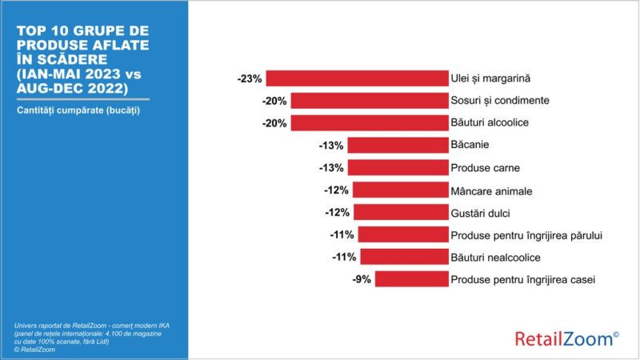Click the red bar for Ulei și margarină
[x=357, y=78]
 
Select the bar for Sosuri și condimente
[x=369, y=101]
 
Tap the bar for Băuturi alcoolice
[x=369, y=123]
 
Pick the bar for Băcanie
[x=398, y=146]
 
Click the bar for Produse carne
[x=398, y=168]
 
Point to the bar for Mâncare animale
[x=400, y=190]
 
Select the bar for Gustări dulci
[x=400, y=212]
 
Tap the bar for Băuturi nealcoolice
[x=403, y=257]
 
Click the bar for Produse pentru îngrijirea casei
[x=410, y=279]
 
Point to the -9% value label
[x=361, y=279]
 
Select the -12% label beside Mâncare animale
[x=337, y=190]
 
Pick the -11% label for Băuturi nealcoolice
[x=342, y=257]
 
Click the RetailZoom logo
[x=566, y=338]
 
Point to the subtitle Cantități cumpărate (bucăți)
[x=78, y=110]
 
